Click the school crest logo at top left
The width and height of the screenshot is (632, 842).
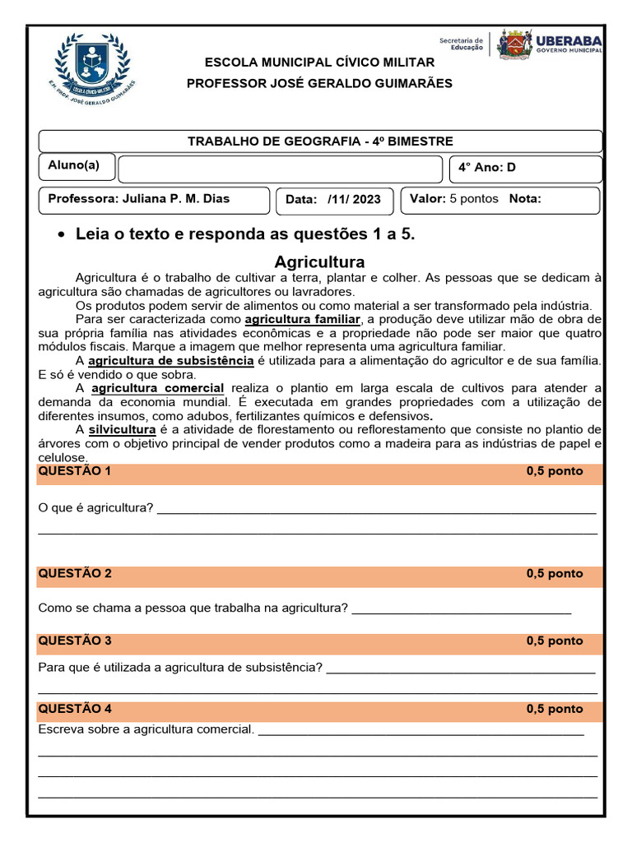pos(91,65)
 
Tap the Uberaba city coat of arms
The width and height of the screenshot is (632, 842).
pos(514,44)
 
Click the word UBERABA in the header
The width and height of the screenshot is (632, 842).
pos(569,39)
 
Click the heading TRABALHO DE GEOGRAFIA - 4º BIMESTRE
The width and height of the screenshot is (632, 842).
pos(320,141)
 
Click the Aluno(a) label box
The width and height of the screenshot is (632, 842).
pos(75,166)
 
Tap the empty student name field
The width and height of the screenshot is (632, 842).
pos(280,169)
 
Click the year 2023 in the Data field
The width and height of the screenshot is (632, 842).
pos(366,200)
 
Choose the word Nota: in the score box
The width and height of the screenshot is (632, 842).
pos(525,199)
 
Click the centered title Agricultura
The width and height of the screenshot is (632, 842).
pos(319,262)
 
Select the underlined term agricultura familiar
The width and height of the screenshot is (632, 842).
pos(303,318)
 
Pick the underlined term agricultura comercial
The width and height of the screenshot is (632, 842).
pos(157,388)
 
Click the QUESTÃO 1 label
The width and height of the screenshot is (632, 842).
pos(74,472)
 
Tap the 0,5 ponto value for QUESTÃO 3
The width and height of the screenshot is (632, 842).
pos(554,641)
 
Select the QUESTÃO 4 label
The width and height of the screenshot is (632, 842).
pos(74,709)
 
